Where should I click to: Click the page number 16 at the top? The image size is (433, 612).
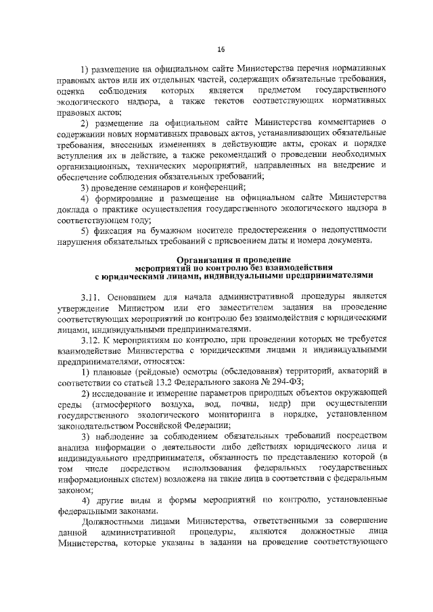coord(221,49)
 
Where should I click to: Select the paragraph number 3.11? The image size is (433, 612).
coord(91,296)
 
